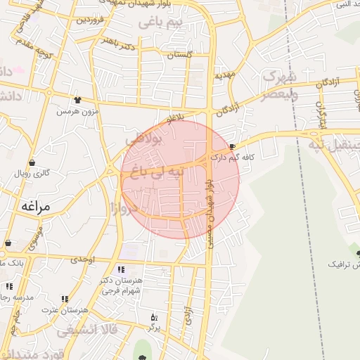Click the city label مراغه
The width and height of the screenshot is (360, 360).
pyautogui.click(x=37, y=206)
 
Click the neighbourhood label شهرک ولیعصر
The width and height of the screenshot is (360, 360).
pyautogui.click(x=279, y=85)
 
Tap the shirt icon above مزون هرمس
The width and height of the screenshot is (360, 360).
pyautogui.click(x=77, y=100)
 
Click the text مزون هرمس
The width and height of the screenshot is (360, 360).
pyautogui.click(x=77, y=111)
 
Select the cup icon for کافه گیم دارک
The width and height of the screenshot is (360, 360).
pyautogui.click(x=233, y=146)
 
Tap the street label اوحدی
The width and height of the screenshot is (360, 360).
pyautogui.click(x=83, y=259)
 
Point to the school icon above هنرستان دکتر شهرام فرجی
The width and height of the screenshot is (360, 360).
pyautogui.click(x=121, y=269)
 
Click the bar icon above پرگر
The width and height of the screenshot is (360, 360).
pyautogui.click(x=154, y=318)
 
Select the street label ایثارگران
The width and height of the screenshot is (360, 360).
pyautogui.click(x=322, y=116)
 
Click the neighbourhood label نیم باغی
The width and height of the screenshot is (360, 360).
pyautogui.click(x=160, y=23)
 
